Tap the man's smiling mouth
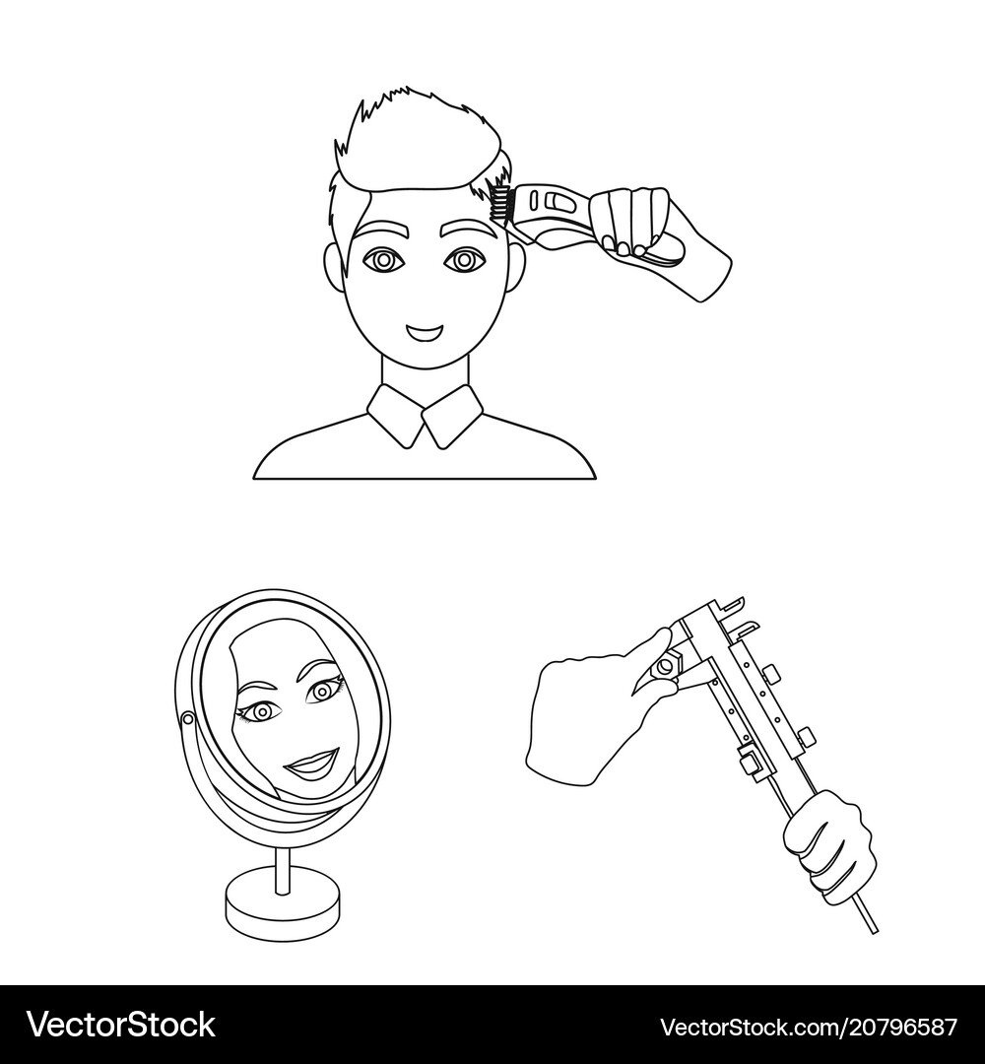[426, 332]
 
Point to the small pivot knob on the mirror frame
[187, 720]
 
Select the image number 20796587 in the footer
[900, 1026]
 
